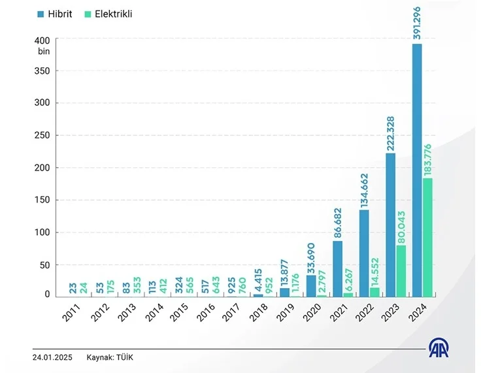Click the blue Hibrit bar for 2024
(x=416, y=170)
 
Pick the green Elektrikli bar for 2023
(x=401, y=270)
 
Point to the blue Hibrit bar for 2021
(x=337, y=268)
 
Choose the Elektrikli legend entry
(x=109, y=13)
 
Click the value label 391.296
(x=416, y=24)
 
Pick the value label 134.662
(x=364, y=190)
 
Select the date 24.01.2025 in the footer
(x=53, y=357)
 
